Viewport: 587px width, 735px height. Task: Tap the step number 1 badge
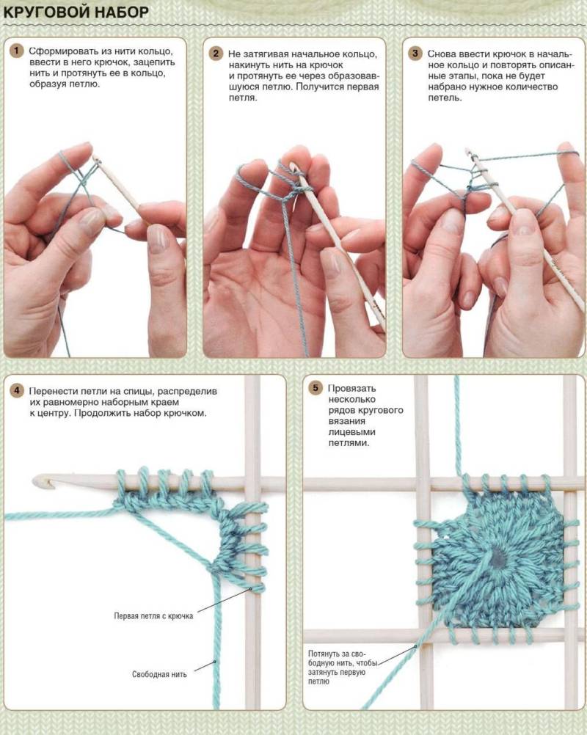pyautogui.click(x=16, y=51)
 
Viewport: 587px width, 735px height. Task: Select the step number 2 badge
pyautogui.click(x=216, y=54)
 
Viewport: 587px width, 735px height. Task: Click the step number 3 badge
pyautogui.click(x=415, y=54)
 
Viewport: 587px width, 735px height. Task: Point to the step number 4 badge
pyautogui.click(x=16, y=390)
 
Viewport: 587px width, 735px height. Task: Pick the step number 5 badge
pyautogui.click(x=316, y=388)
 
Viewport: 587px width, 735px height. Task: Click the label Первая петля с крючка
pyautogui.click(x=153, y=616)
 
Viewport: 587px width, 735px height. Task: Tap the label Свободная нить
pyautogui.click(x=159, y=674)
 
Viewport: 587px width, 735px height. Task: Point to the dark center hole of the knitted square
pyautogui.click(x=499, y=557)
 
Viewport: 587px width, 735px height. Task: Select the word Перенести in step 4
pyautogui.click(x=54, y=391)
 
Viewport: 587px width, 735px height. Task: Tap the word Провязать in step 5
pyautogui.click(x=351, y=388)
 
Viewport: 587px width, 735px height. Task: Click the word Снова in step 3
pyautogui.click(x=442, y=54)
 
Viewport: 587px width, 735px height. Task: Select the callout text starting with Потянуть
pyautogui.click(x=342, y=668)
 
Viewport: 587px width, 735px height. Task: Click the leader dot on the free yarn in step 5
pyautogui.click(x=415, y=646)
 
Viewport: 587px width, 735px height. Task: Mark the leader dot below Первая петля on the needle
pyautogui.click(x=250, y=588)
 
